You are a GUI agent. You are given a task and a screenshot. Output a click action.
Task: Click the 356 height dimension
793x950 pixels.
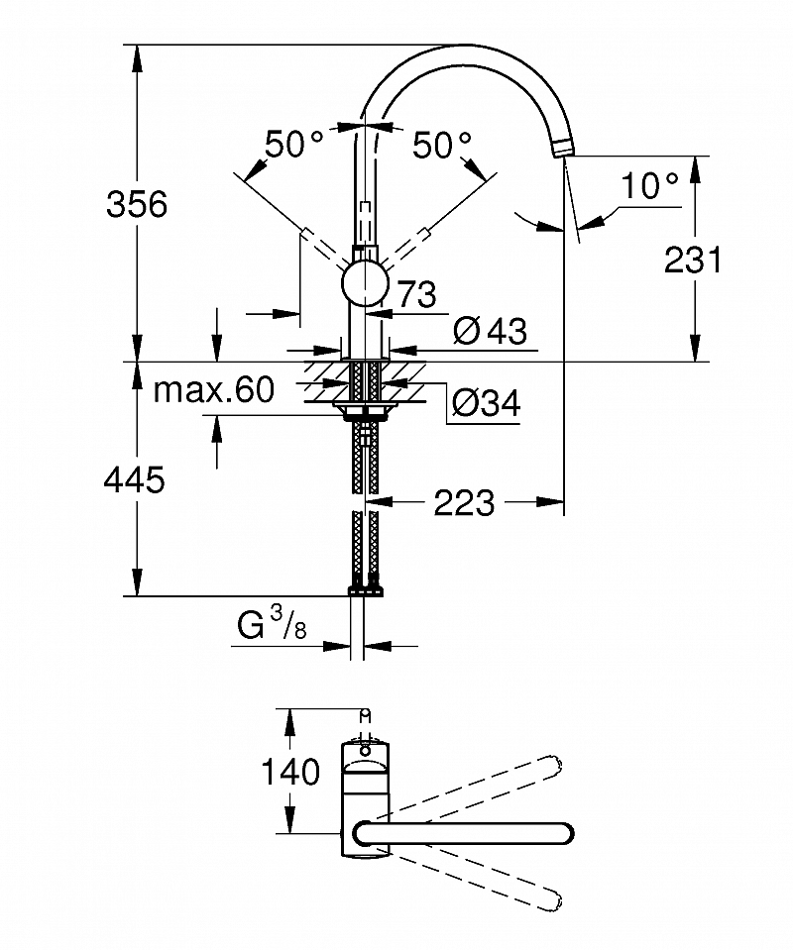click(137, 204)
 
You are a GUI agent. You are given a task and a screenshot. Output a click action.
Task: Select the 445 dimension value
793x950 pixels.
click(134, 479)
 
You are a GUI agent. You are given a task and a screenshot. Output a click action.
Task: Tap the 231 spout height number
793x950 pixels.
click(693, 261)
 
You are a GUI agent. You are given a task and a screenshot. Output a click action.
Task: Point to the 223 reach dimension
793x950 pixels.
click(464, 503)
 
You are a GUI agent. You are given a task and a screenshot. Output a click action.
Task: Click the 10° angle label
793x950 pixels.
click(649, 185)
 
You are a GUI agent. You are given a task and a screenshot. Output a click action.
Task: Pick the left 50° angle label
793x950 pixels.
click(294, 145)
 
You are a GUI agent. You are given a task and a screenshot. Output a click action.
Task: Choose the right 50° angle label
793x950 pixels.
click(442, 145)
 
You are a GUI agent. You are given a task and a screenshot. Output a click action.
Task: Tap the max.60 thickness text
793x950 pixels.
click(214, 389)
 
